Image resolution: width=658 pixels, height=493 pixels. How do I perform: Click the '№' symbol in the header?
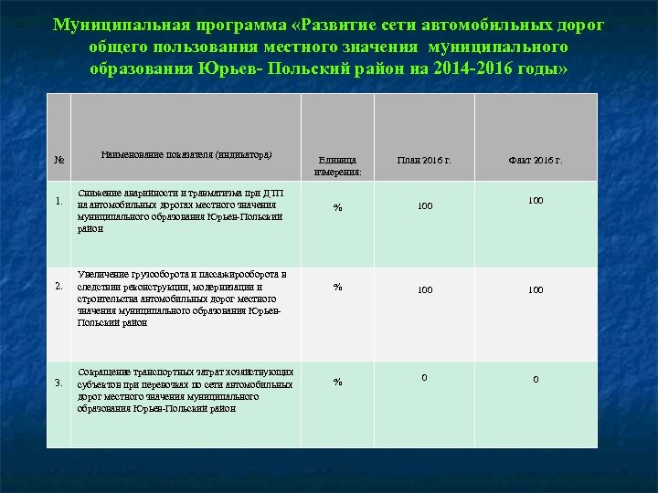click(58, 160)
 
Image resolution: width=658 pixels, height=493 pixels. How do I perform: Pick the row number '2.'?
click(58, 287)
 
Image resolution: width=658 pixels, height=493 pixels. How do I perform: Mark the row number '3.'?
click(58, 382)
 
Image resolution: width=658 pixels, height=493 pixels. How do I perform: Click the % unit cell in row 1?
click(337, 208)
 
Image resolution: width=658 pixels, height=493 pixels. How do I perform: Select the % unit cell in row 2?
click(337, 287)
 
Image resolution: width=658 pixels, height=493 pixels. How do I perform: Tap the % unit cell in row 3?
click(337, 382)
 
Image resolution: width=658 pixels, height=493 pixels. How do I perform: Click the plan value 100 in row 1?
click(424, 206)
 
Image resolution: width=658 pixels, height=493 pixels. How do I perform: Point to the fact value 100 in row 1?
click(536, 199)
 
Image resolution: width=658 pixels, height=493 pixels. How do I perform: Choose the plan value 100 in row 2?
click(424, 289)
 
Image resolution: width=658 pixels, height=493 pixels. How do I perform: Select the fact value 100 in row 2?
click(536, 289)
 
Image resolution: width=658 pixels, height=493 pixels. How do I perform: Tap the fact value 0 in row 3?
click(536, 379)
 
